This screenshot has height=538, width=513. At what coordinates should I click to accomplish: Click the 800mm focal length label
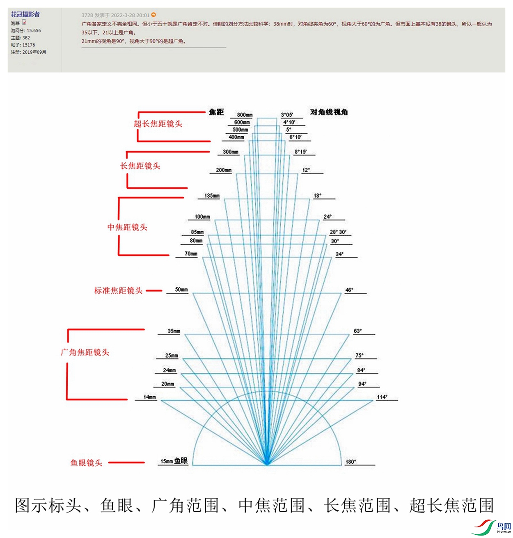pyautogui.click(x=245, y=115)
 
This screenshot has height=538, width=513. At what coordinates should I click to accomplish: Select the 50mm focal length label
pyautogui.click(x=181, y=290)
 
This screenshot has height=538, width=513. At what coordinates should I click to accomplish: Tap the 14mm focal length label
pyautogui.click(x=149, y=397)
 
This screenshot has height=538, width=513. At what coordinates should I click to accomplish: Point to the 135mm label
pyautogui.click(x=212, y=196)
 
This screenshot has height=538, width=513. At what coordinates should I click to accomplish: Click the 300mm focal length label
pyautogui.click(x=231, y=152)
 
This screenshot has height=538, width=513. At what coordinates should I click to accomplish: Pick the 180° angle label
pyautogui.click(x=350, y=462)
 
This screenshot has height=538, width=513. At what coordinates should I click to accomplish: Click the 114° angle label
pyautogui.click(x=382, y=397)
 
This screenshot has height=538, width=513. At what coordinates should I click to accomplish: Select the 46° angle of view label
pyautogui.click(x=349, y=290)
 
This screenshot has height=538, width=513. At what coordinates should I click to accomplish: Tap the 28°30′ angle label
pyautogui.click(x=338, y=232)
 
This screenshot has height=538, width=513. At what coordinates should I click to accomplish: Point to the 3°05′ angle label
pyautogui.click(x=287, y=115)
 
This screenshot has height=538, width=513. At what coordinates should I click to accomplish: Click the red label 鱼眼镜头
pyautogui.click(x=86, y=463)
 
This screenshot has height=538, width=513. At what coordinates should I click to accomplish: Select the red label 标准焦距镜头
pyautogui.click(x=118, y=291)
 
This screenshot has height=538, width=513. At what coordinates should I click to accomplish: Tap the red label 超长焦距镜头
pyautogui.click(x=158, y=124)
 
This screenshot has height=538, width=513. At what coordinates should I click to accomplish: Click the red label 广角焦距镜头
pyautogui.click(x=85, y=352)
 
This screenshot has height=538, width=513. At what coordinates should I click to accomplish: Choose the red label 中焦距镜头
pyautogui.click(x=127, y=227)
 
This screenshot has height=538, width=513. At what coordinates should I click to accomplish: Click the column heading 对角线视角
pyautogui.click(x=329, y=112)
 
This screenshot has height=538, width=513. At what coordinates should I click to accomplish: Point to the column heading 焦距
pyautogui.click(x=216, y=112)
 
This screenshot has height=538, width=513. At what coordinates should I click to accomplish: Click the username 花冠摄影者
pyautogui.click(x=25, y=14)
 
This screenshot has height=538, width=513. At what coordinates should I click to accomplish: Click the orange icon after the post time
pyautogui.click(x=153, y=15)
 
